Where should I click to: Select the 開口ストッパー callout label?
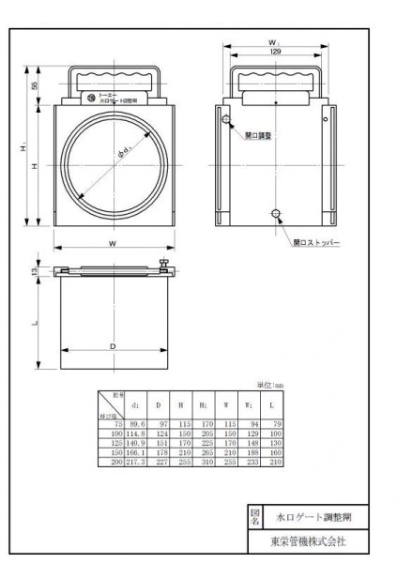(314, 241)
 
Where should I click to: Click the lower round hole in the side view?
(274, 215)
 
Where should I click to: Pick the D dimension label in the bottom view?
(113, 346)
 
